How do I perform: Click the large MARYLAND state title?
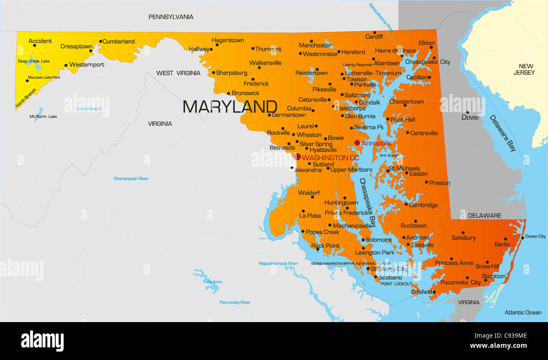click(x=230, y=107)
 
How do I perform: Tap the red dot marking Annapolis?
click(x=357, y=143)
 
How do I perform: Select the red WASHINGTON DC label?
click(x=330, y=158)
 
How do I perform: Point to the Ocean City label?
click(x=535, y=236)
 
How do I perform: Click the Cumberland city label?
click(x=118, y=41)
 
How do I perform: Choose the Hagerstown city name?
click(x=228, y=40)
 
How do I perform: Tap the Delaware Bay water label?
click(x=502, y=133)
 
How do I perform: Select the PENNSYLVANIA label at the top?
click(x=171, y=17)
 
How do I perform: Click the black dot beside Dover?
click(x=467, y=112)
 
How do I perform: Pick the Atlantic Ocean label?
click(x=523, y=312)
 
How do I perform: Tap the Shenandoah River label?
click(x=131, y=179)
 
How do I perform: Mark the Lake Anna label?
click(x=212, y=282)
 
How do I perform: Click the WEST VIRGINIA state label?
click(x=178, y=73)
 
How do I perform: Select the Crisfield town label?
click(x=422, y=292)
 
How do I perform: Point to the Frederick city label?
click(x=256, y=84)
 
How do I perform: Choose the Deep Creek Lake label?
click(x=34, y=61)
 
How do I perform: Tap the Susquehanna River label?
click(x=381, y=17)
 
